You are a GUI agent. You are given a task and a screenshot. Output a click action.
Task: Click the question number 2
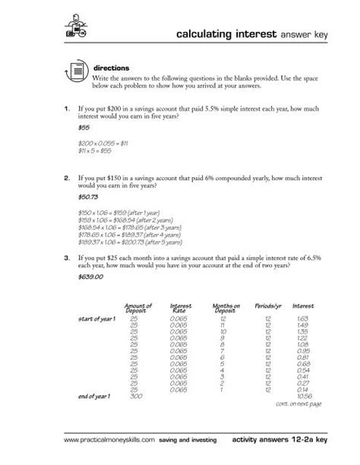pos(68,176)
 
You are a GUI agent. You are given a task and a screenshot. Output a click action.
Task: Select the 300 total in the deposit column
pos(137,395)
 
